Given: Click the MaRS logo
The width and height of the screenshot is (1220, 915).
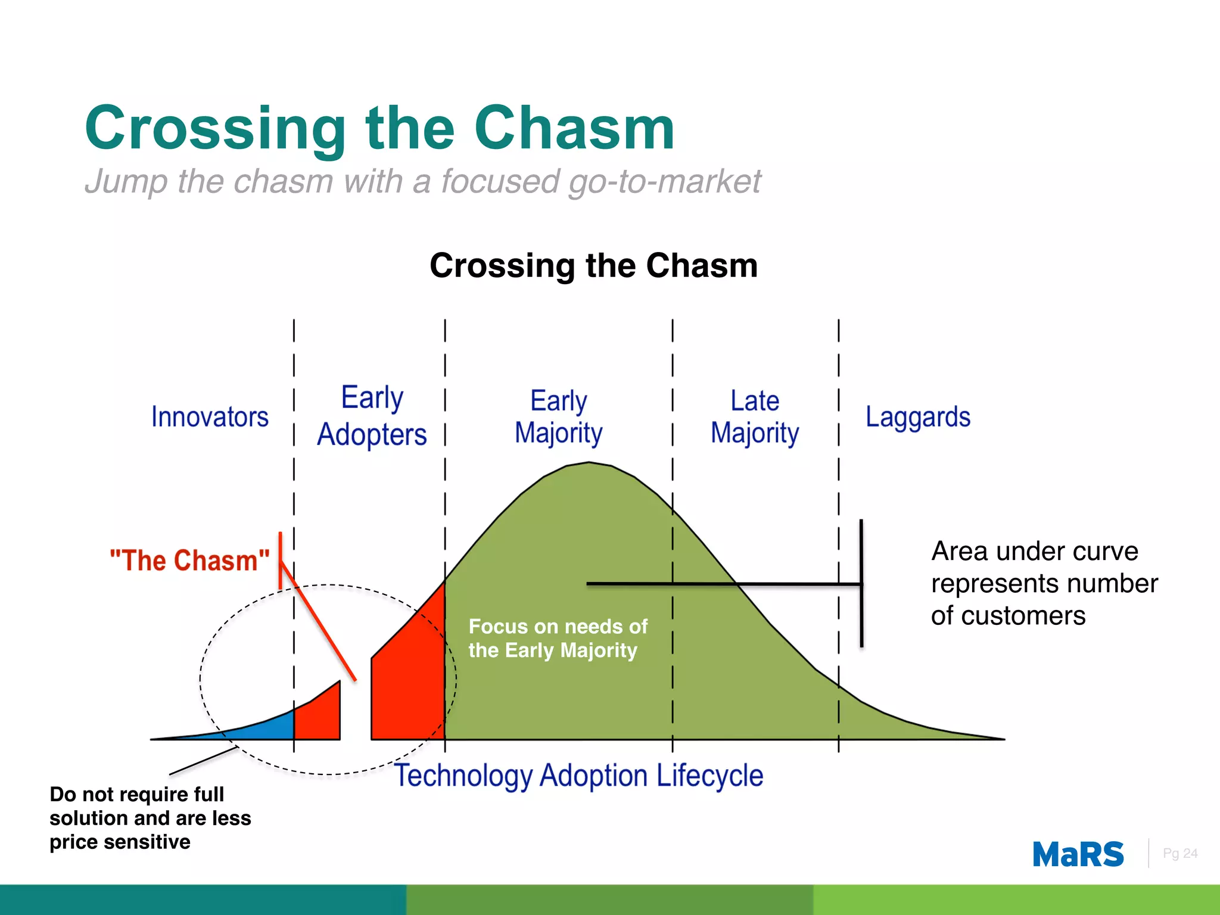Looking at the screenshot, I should point(1078,854).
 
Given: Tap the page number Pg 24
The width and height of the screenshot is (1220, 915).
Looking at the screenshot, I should point(1179,854).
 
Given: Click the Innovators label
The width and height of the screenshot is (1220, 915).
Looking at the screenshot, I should point(210,417).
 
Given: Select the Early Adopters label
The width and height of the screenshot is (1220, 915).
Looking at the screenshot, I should point(372,416).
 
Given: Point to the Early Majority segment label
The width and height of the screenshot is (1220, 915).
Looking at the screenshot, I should point(558,417).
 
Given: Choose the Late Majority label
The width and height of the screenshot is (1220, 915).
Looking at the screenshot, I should point(755,417).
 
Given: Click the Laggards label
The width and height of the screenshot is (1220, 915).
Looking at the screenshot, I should point(917,417).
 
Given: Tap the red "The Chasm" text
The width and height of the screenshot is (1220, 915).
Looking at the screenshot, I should point(189,561).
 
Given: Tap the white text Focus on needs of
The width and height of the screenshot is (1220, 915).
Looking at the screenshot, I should point(558,627).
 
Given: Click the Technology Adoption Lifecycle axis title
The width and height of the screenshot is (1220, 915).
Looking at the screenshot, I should point(579,776).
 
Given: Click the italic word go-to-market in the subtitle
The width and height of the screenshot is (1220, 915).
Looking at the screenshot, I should point(664,182).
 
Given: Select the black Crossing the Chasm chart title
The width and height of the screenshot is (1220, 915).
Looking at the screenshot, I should point(593,265).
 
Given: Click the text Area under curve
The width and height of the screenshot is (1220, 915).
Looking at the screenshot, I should point(1035,551).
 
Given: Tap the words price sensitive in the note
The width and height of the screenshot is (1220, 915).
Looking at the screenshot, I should point(120,842).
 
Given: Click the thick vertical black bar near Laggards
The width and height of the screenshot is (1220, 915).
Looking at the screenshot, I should point(861,584).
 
